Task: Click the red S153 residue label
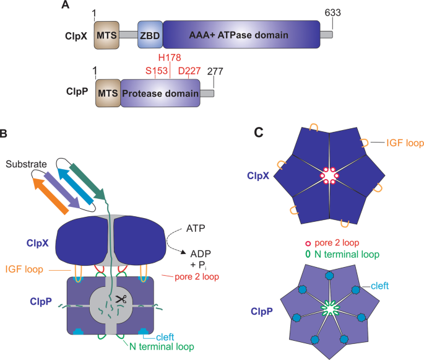[x=157, y=71]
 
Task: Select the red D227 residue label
[x=189, y=71]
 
